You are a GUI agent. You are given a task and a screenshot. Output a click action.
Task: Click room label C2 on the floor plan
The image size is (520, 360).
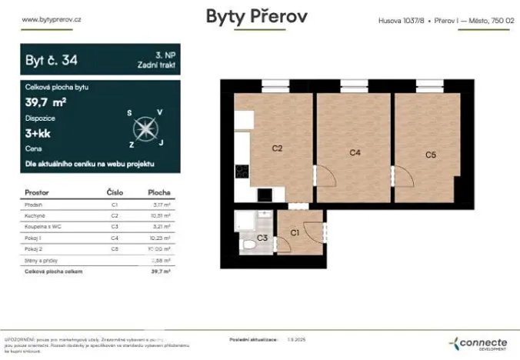[278, 148]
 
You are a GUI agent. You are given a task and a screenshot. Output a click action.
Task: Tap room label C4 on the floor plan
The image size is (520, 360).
[355, 152]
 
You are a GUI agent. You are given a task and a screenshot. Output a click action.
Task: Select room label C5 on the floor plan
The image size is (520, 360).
[431, 155]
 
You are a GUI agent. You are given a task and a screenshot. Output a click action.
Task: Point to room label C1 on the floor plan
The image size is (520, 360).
[295, 232]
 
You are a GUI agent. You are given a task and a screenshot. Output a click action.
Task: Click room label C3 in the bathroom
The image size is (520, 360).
[262, 238]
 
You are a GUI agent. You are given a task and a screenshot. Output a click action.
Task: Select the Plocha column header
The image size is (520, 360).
[158, 192]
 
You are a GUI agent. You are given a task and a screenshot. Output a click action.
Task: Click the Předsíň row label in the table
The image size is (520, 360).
[35, 205]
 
